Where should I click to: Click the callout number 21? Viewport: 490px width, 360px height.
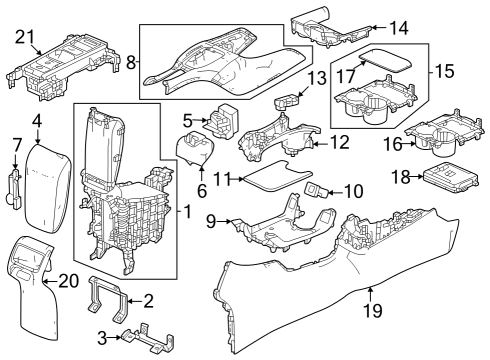click(x=21, y=38)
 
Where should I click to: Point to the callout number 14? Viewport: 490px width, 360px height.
click(x=399, y=27)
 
